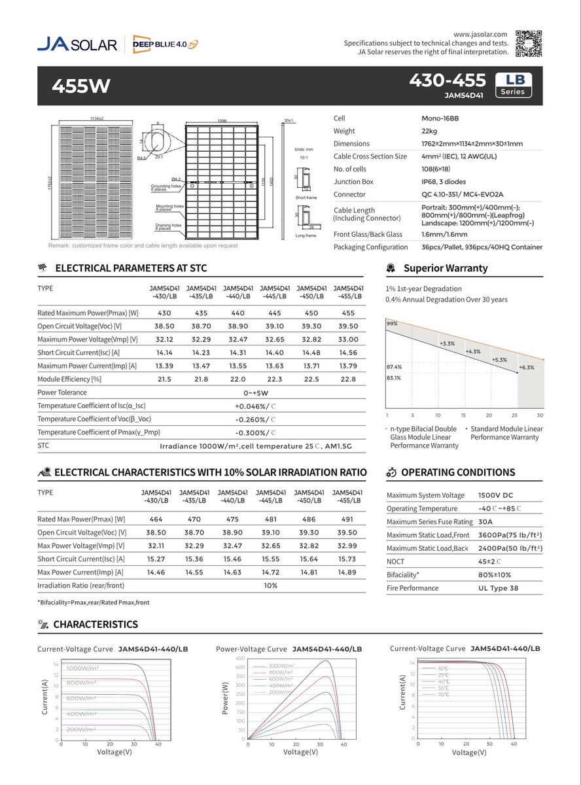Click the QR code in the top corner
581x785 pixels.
[x=528, y=42]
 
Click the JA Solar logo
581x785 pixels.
[x=77, y=44]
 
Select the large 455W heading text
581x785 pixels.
[x=81, y=86]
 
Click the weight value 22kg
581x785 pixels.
[x=429, y=131]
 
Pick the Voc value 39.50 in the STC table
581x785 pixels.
[x=348, y=326]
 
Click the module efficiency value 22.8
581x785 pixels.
[x=348, y=379]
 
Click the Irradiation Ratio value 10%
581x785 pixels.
[x=270, y=585]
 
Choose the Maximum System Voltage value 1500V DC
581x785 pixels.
[x=495, y=495]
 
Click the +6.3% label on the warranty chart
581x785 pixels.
[x=526, y=368]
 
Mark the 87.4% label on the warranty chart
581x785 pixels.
[x=394, y=367]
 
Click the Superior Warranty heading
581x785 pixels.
[x=445, y=268]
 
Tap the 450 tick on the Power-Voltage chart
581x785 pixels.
[x=239, y=658]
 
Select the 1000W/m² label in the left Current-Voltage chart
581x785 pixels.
[x=82, y=668]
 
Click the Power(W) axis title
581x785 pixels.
[x=226, y=698]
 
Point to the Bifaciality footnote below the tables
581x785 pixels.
[x=94, y=602]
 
